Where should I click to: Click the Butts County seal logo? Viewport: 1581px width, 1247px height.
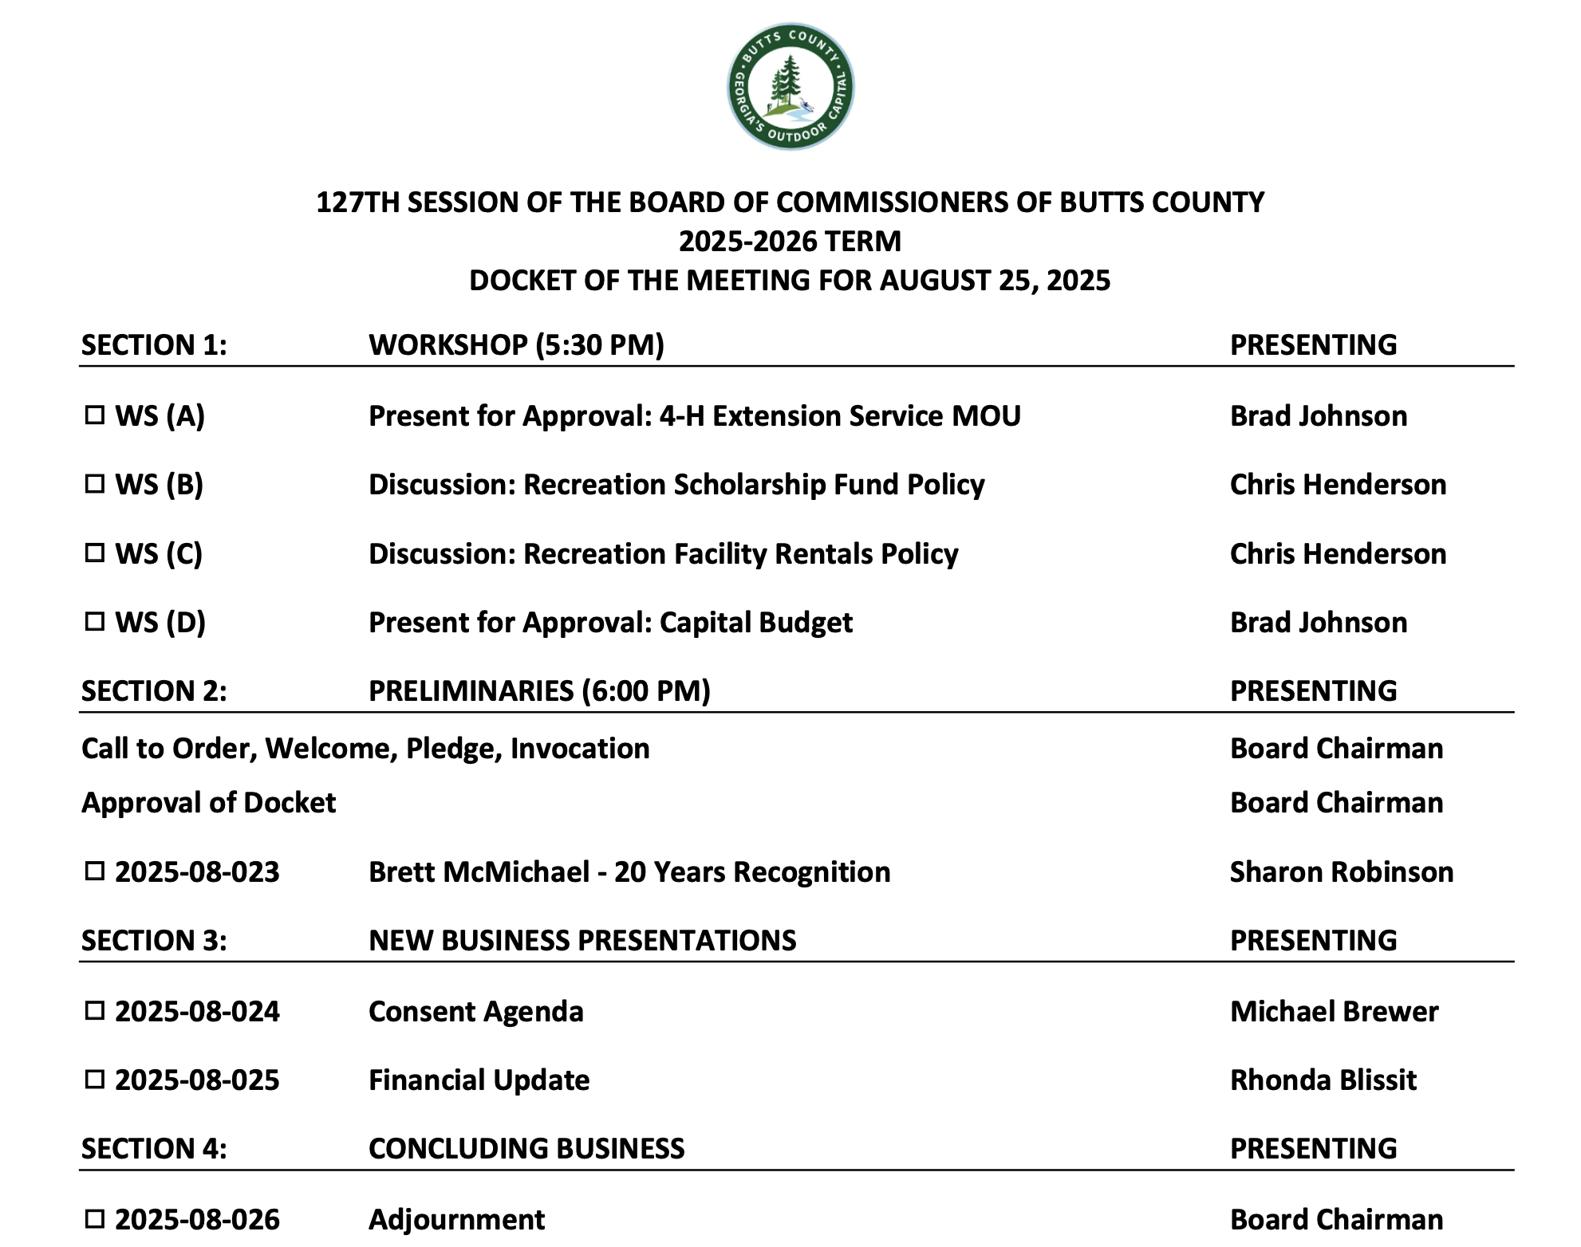790,86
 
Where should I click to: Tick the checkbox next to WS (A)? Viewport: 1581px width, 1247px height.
95,415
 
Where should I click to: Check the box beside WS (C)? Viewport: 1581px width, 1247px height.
95,553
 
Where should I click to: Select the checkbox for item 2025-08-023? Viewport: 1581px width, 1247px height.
95,871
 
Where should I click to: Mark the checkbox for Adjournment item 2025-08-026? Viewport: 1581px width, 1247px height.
95,1218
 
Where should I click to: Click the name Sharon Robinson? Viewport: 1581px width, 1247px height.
1341,871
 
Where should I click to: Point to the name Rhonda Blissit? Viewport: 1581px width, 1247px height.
1323,1080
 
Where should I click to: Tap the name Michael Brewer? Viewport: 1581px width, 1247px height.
1334,1011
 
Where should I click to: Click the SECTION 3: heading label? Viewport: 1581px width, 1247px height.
154,941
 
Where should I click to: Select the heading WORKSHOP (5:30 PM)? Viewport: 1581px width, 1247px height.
516,344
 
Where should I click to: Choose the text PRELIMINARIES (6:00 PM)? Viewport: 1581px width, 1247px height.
539,690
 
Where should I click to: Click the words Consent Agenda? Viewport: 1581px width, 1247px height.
475,1011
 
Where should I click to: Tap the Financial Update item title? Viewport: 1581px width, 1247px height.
479,1080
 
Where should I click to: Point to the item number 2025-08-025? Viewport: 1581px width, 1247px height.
197,1080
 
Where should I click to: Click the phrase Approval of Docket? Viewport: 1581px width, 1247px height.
208,802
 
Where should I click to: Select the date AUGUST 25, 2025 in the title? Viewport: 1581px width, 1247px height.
995,281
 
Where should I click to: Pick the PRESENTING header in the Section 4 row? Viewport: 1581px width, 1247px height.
1313,1148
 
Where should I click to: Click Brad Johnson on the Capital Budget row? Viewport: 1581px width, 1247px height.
1318,622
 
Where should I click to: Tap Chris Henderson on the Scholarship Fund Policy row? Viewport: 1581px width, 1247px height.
1338,484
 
